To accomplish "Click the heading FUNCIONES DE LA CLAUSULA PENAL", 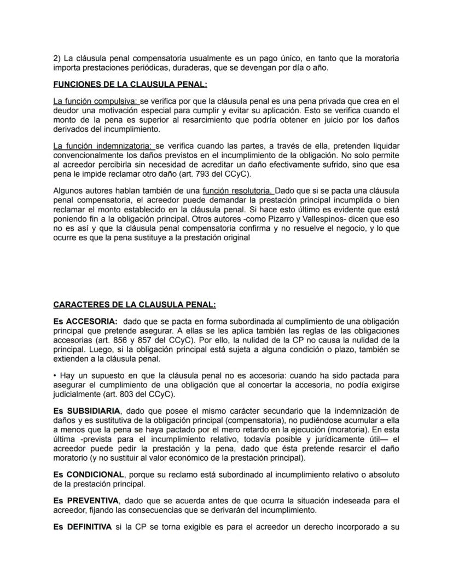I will coord(130,84).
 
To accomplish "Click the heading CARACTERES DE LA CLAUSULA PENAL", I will coord(135,305).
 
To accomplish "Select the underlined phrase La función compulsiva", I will coord(96,101).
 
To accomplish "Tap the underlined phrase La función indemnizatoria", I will coord(103,146).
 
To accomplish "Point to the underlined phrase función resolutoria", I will coord(237,190).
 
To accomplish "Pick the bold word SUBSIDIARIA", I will coord(96,411).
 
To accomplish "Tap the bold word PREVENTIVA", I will coord(93,500).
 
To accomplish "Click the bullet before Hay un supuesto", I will coord(55,376).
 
